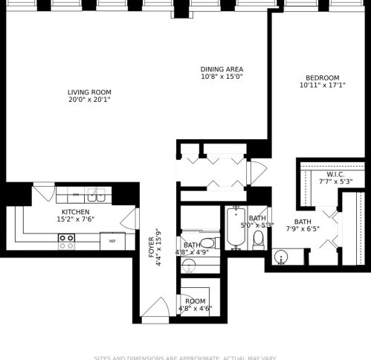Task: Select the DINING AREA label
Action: click(222, 69)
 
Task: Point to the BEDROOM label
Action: click(322, 78)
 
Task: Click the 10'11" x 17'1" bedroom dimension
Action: click(322, 86)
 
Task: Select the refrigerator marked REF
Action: click(112, 241)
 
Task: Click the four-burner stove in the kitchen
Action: click(67, 241)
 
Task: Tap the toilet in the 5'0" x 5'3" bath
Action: click(258, 238)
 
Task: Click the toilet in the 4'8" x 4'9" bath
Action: click(208, 242)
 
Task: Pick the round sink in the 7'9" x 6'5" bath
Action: click(280, 258)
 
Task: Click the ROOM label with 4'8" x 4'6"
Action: click(196, 301)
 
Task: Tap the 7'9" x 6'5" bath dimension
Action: click(302, 229)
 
